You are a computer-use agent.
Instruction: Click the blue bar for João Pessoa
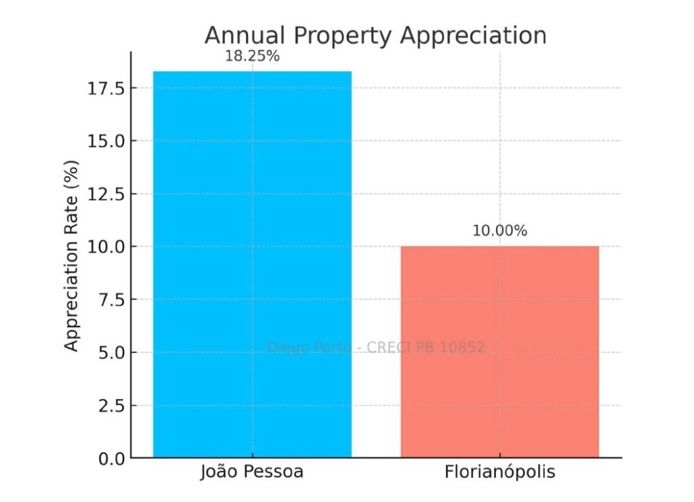252,264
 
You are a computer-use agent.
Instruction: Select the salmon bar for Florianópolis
499,352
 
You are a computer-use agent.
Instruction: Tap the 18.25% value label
252,56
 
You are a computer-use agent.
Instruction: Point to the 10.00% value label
499,231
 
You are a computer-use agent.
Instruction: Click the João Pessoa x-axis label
252,472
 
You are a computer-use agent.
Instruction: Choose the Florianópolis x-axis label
499,472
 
